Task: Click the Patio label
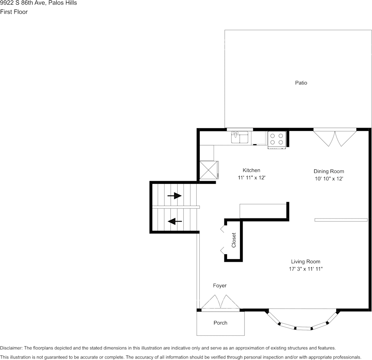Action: click(x=301, y=83)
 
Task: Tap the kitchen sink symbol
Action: click(x=240, y=137)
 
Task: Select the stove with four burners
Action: click(x=277, y=139)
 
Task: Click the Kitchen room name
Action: click(x=251, y=170)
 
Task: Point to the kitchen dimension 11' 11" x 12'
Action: click(x=251, y=177)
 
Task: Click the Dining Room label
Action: click(x=329, y=171)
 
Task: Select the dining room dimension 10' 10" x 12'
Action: click(x=329, y=178)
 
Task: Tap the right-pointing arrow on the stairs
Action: click(x=175, y=196)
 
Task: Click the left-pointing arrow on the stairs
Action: click(x=175, y=221)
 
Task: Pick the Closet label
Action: click(x=234, y=240)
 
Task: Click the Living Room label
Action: click(x=305, y=261)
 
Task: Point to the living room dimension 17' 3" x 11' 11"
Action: click(x=305, y=269)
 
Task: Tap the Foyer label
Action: click(x=219, y=285)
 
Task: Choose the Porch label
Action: click(x=220, y=323)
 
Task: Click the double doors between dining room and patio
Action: click(x=335, y=139)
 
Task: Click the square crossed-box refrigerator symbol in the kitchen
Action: click(x=208, y=170)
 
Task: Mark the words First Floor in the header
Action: click(x=14, y=12)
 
